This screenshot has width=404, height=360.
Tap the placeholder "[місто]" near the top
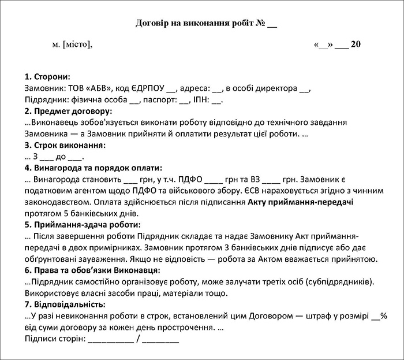(77, 44)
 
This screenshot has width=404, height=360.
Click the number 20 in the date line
(356, 44)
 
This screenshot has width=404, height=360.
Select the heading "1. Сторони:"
(48, 77)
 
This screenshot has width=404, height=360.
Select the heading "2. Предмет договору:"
(69, 111)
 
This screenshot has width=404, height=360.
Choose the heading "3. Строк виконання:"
(66, 145)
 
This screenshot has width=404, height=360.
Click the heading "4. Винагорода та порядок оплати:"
(91, 168)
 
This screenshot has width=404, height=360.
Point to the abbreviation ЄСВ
(301, 190)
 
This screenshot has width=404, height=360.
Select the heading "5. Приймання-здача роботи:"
(83, 224)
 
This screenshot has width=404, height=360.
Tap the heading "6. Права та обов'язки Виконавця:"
(92, 270)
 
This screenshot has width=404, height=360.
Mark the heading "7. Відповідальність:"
(65, 304)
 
